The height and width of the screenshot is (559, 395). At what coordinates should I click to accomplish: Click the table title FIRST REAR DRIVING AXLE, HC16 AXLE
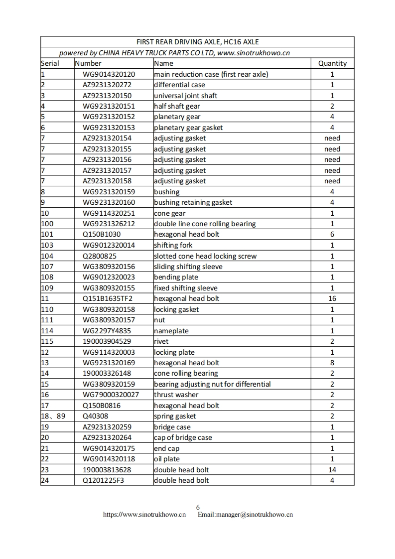pyautogui.click(x=197, y=42)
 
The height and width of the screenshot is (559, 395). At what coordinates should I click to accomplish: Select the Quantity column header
pyautogui.click(x=332, y=63)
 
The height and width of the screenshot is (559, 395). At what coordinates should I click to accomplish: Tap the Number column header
pyautogui.click(x=88, y=63)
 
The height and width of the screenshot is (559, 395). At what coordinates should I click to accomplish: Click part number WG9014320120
pyautogui.click(x=109, y=74)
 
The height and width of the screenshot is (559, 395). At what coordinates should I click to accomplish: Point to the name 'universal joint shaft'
pyautogui.click(x=185, y=96)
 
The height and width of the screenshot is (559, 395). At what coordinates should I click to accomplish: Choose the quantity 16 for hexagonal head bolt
pyautogui.click(x=332, y=298)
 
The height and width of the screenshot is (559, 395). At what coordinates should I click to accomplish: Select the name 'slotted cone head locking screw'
pyautogui.click(x=205, y=256)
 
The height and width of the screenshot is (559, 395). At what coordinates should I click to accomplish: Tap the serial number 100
pyautogui.click(x=47, y=224)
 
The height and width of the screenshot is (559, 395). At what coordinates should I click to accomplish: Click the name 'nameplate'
pyautogui.click(x=171, y=331)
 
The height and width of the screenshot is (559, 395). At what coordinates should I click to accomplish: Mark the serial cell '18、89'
pyautogui.click(x=53, y=416)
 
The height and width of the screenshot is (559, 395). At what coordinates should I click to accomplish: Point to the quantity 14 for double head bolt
pyautogui.click(x=332, y=470)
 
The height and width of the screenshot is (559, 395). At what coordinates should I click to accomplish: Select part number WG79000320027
pyautogui.click(x=111, y=395)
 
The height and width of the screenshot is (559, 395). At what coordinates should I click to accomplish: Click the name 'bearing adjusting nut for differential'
pyautogui.click(x=212, y=384)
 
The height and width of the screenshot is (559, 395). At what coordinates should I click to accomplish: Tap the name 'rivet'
pyautogui.click(x=161, y=341)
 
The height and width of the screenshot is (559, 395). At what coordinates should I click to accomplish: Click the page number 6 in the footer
pyautogui.click(x=198, y=507)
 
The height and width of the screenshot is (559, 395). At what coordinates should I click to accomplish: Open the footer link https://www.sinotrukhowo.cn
pyautogui.click(x=144, y=515)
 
